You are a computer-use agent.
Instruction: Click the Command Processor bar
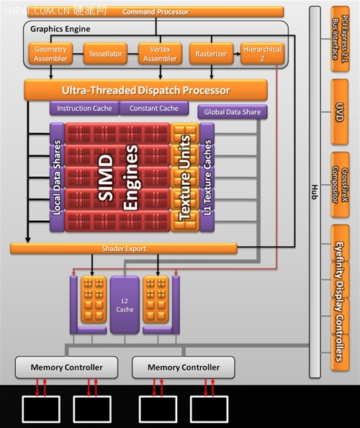pyautogui.click(x=156, y=12)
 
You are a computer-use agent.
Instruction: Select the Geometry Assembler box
pyautogui.click(x=50, y=53)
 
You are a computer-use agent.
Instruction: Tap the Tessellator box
pyautogui.click(x=105, y=53)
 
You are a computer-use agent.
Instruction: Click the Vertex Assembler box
pyautogui.click(x=160, y=53)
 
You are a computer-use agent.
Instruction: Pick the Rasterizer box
pyautogui.click(x=211, y=53)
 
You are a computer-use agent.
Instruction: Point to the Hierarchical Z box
pyautogui.click(x=262, y=53)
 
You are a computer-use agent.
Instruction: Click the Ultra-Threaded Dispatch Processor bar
pyautogui.click(x=146, y=90)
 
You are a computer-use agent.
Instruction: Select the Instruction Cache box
pyautogui.click(x=84, y=108)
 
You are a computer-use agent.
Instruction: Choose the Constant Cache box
pyautogui.click(x=154, y=108)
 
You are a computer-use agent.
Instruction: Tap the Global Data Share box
pyautogui.click(x=233, y=111)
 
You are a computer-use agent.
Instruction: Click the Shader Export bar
pyautogui.click(x=124, y=248)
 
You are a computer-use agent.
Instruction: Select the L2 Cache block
pyautogui.click(x=125, y=305)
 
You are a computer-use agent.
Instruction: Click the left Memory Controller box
pyautogui.click(x=67, y=367)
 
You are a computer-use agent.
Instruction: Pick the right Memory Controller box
pyautogui.click(x=184, y=367)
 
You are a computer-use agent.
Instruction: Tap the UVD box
pyautogui.click(x=340, y=112)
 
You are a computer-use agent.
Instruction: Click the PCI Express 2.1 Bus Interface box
pyautogui.click(x=340, y=39)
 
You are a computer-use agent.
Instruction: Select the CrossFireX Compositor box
pyautogui.click(x=340, y=185)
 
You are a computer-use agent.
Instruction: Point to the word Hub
pyautogui.click(x=315, y=192)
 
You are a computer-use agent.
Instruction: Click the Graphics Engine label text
pyautogui.click(x=60, y=29)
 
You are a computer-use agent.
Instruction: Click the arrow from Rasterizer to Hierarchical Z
pyautogui.click(x=237, y=53)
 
